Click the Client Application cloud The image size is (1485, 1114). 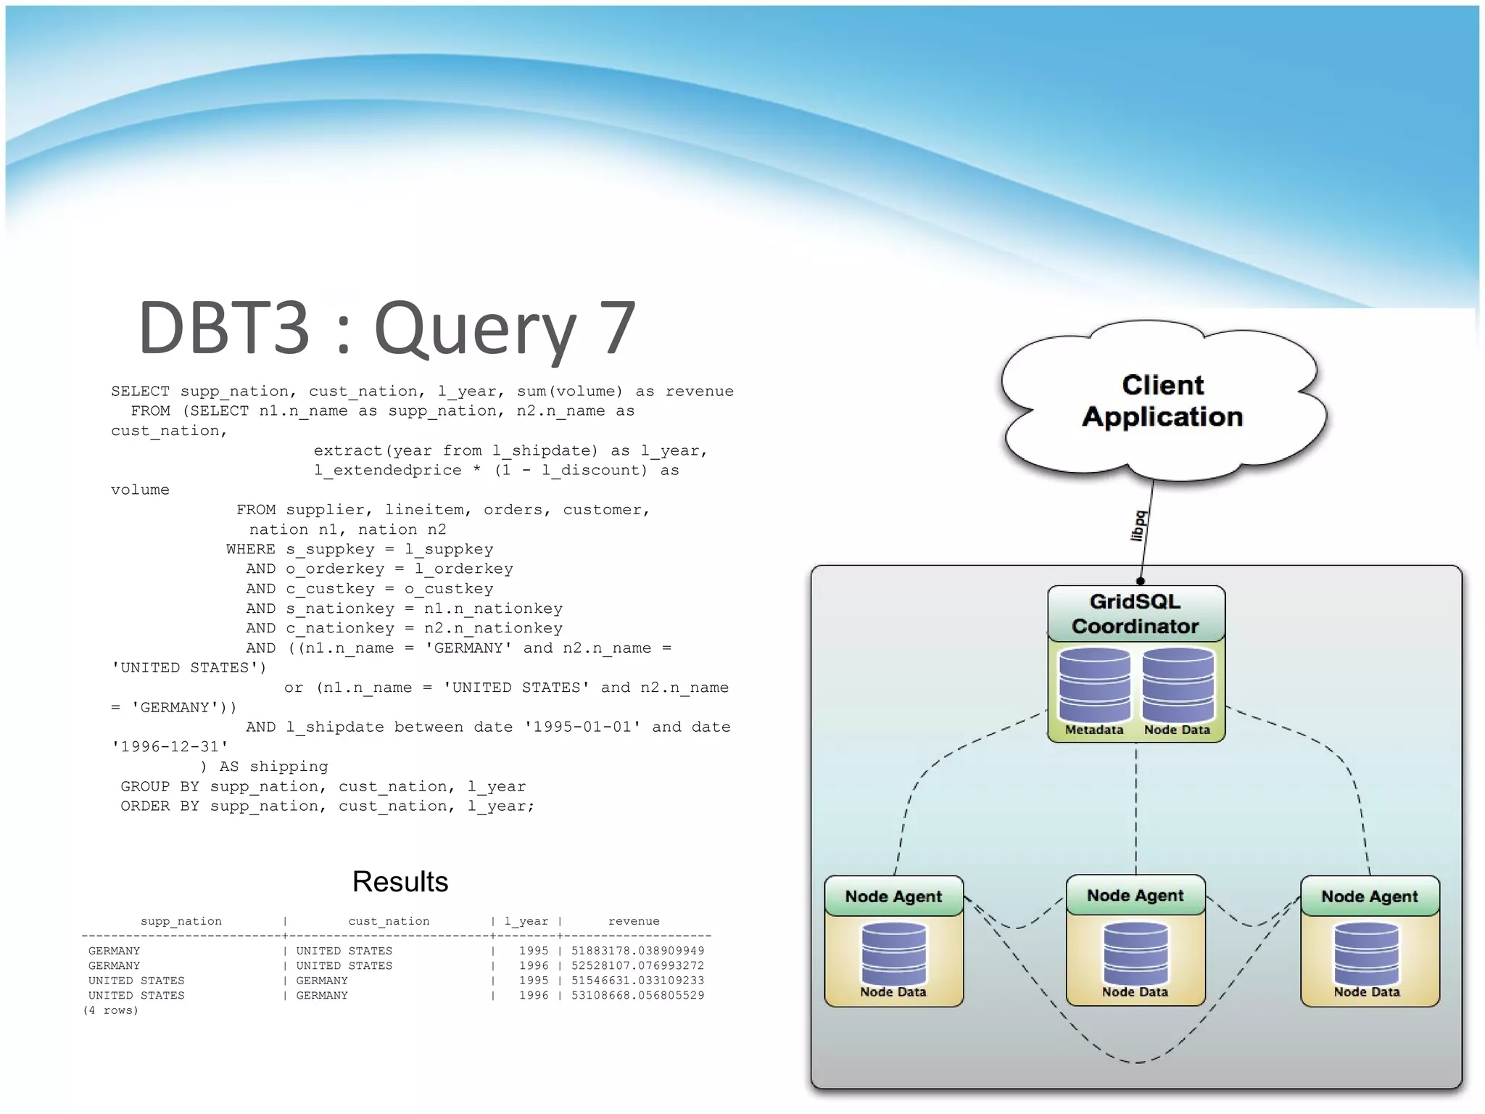point(1162,401)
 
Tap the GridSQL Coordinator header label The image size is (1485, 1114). point(1136,614)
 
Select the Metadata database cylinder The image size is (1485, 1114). point(1094,685)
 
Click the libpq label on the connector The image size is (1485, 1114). point(1138,526)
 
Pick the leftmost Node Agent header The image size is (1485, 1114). point(893,896)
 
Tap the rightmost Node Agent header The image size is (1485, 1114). point(1369,896)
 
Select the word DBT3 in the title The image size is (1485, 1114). point(224,328)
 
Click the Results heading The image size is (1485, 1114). point(400,882)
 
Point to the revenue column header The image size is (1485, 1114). point(634,921)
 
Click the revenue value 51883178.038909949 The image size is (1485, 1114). point(637,951)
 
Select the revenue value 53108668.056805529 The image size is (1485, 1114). point(637,996)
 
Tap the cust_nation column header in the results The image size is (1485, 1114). point(389,921)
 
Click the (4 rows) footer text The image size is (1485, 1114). point(110,1010)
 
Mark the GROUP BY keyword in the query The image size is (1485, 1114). point(160,786)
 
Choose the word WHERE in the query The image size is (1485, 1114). point(250,549)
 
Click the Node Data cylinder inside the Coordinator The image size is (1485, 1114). point(1178,685)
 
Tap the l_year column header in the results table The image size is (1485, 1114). point(526,921)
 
